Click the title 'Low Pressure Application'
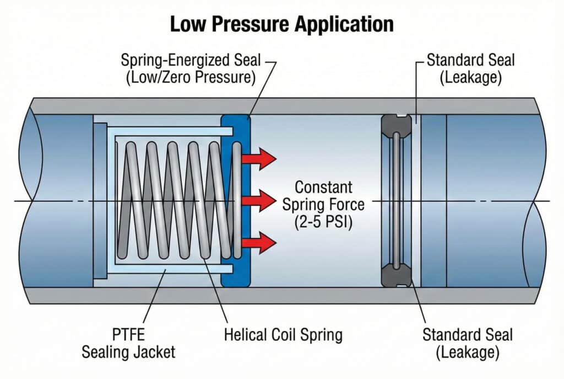(x=281, y=24)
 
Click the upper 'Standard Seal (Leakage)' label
(x=470, y=68)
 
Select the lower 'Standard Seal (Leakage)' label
(x=468, y=343)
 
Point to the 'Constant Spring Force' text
(x=323, y=195)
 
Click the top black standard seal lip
(x=397, y=125)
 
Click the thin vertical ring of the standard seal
(x=397, y=200)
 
